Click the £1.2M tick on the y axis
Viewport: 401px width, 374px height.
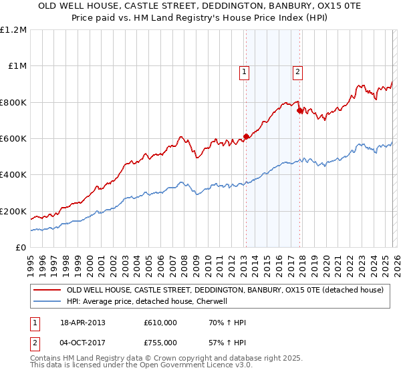13,29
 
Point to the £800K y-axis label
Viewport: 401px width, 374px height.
13,102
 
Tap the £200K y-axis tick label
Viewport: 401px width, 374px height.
13,211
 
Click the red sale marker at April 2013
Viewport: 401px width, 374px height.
246,136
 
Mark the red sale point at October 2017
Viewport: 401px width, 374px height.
299,110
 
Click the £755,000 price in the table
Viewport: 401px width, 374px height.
160,342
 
